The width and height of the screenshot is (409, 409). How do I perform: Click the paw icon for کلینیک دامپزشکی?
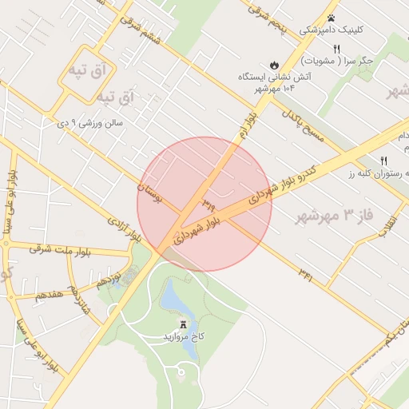pyautogui.click(x=331, y=17)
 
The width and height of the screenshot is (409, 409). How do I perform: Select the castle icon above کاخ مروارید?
pyautogui.click(x=184, y=324)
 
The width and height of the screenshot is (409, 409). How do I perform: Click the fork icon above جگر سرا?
pyautogui.click(x=336, y=48)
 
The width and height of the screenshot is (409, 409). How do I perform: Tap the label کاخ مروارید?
pyautogui.click(x=185, y=337)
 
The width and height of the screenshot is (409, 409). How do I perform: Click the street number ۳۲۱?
pyautogui.click(x=306, y=272)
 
